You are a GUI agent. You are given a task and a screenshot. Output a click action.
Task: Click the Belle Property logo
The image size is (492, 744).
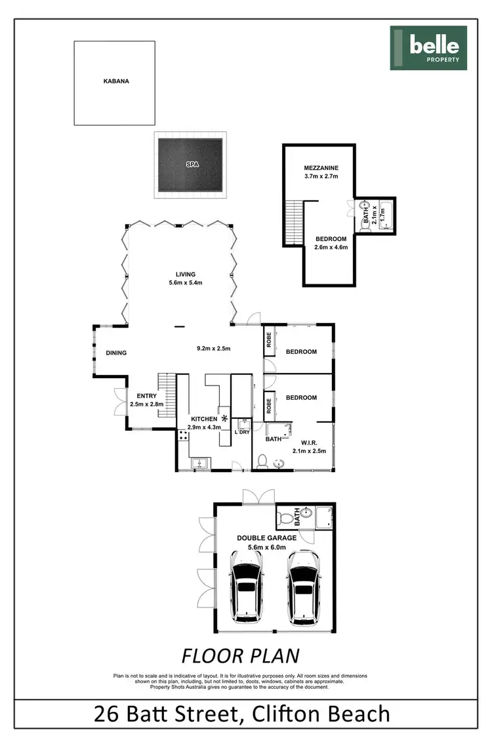[428, 48]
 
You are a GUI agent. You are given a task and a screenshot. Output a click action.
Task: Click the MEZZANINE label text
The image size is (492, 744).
[320, 167]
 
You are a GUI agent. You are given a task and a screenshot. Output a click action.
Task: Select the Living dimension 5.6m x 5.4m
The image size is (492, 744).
[186, 284]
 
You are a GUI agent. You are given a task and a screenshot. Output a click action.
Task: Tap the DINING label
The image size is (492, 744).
[116, 353]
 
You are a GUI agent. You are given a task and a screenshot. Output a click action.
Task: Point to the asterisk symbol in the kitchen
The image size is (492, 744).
[224, 418]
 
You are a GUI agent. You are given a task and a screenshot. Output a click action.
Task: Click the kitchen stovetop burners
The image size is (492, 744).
[182, 436]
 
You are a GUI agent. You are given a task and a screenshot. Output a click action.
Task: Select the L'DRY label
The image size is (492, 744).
[243, 432]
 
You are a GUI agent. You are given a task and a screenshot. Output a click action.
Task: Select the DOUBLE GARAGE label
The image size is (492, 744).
[267, 538]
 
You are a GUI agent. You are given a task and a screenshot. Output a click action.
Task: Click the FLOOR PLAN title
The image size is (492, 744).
[240, 655]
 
